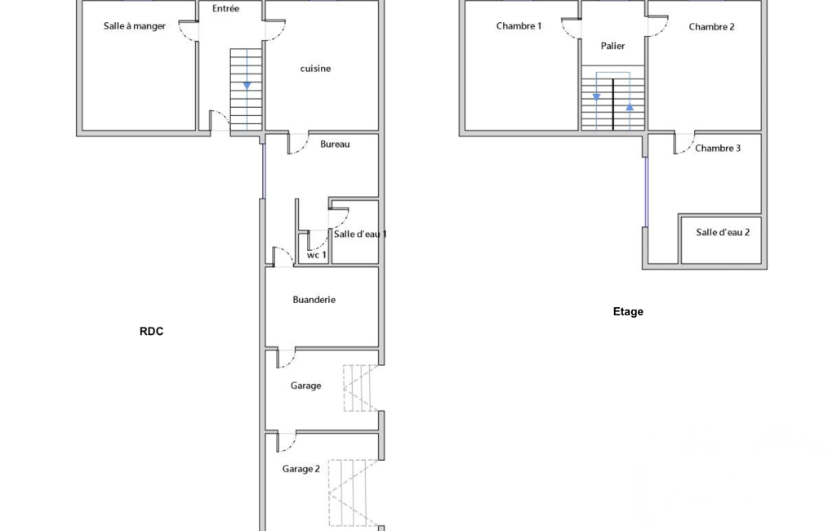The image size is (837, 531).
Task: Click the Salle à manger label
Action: coord(135,26)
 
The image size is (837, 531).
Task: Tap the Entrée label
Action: coord(226,8)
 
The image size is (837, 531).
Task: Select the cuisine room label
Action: coord(315,69)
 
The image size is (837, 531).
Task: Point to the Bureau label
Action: coord(336,144)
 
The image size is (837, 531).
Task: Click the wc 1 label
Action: coord(317,255)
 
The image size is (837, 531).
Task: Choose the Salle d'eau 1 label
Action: coord(360,234)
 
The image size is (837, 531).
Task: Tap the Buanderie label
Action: coord(314,300)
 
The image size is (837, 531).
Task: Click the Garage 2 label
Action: coord(301,469)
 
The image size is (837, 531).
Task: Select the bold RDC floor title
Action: coord(152,331)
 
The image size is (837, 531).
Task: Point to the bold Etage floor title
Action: coord(628,311)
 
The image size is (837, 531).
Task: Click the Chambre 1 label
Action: coord(519,25)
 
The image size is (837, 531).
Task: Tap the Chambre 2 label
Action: coord(711,27)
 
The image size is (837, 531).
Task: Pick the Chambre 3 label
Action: coord(718,148)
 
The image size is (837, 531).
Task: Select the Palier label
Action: coord(612,46)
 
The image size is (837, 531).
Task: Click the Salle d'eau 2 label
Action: coord(723,232)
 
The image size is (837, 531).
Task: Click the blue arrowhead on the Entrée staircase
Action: coord(247,86)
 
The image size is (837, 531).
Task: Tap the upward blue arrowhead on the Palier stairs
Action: coord(630,107)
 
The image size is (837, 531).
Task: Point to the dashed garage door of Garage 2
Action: coord(354,493)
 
